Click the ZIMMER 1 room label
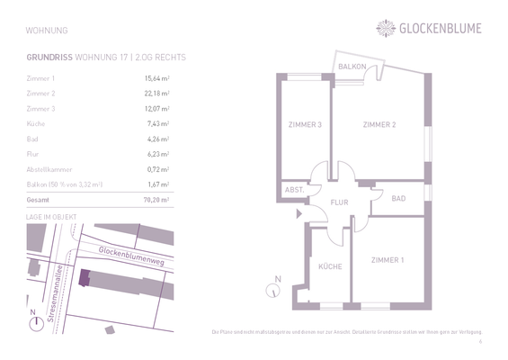(388, 260)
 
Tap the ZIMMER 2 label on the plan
(379, 124)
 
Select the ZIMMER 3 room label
(306, 124)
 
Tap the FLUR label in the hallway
(339, 202)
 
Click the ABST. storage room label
(293, 191)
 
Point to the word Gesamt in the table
(39, 199)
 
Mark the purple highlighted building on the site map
(85, 279)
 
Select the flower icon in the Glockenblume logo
(386, 28)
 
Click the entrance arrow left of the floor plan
(296, 212)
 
